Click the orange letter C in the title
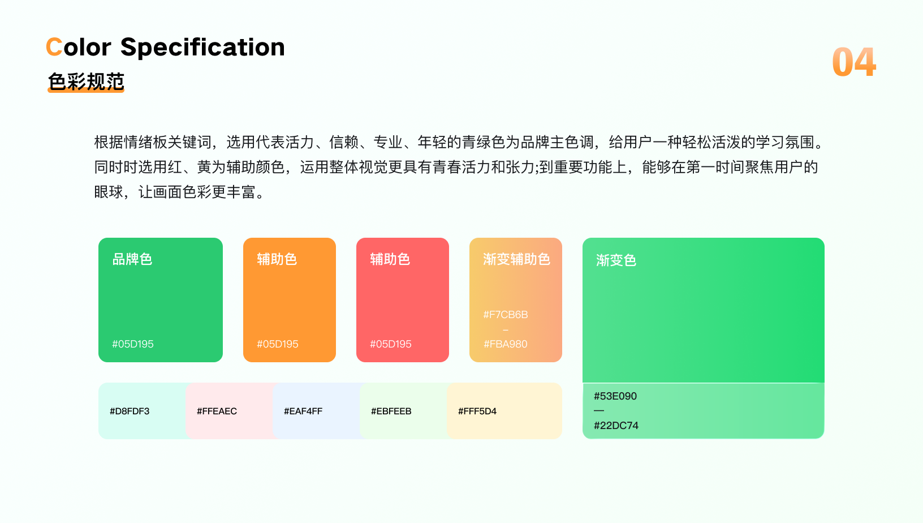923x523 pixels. click(54, 46)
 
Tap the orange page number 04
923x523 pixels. click(854, 62)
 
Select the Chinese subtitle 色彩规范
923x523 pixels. click(86, 82)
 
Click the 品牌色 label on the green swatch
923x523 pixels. click(132, 259)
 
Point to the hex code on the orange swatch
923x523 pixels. click(277, 344)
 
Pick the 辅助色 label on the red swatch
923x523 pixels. click(390, 259)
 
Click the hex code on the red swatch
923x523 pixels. click(391, 344)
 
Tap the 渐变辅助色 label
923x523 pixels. click(516, 259)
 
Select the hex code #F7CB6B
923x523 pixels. click(505, 315)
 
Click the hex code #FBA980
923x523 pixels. click(505, 344)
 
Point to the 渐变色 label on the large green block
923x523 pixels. click(616, 260)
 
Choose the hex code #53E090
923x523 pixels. click(615, 396)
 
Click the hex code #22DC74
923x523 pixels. click(616, 426)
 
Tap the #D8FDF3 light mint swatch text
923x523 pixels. click(130, 411)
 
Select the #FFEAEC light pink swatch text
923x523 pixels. click(217, 411)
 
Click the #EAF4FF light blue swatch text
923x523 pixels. click(303, 411)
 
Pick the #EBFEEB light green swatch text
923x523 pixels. click(391, 411)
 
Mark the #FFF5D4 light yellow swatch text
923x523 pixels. click(477, 411)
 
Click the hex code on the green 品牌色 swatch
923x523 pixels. click(133, 344)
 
